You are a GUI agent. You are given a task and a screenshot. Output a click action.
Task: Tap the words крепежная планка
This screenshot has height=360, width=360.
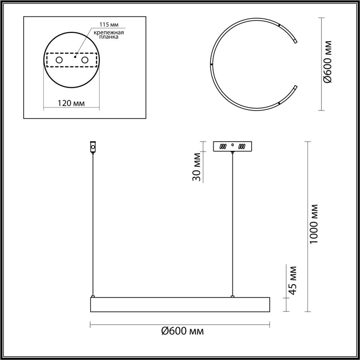click(109, 35)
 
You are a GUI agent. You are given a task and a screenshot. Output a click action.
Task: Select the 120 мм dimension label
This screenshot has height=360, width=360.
click(71, 103)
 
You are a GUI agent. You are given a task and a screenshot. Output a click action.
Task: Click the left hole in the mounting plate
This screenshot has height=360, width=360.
click(58, 60)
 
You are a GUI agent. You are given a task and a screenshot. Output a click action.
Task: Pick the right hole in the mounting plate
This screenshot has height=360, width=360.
click(85, 60)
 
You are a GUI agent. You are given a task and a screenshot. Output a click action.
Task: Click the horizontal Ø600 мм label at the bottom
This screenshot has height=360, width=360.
click(183, 331)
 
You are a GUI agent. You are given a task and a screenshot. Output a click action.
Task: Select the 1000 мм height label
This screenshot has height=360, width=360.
click(315, 223)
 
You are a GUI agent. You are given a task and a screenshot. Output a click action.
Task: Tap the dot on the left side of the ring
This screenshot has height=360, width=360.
click(211, 64)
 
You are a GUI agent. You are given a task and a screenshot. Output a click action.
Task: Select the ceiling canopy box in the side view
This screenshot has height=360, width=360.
click(233, 146)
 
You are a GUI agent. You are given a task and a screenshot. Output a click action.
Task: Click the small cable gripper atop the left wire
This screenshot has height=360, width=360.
click(93, 147)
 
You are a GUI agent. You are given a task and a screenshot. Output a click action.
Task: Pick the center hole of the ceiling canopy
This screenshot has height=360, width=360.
click(233, 145)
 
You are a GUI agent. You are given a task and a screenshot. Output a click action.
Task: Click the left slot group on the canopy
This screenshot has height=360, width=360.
click(223, 147)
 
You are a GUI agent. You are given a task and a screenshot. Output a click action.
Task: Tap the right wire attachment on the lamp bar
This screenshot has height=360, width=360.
click(233, 296)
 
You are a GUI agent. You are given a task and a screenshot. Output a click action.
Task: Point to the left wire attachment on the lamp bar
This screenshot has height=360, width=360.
click(93, 296)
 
